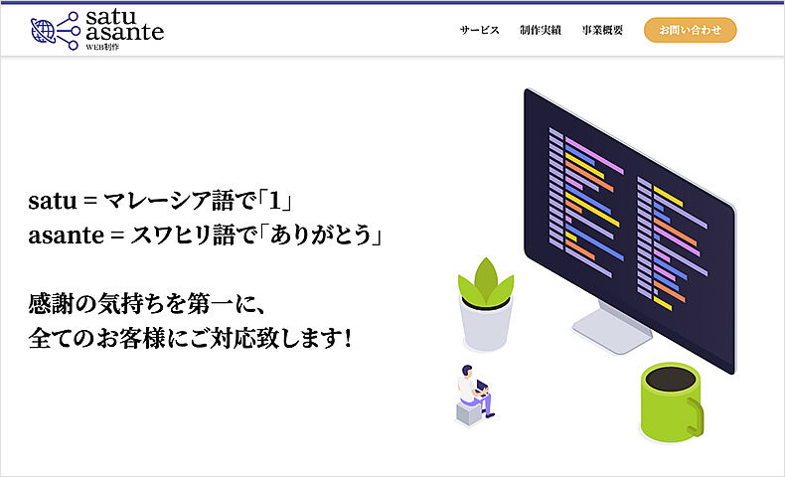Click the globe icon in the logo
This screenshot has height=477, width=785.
43,31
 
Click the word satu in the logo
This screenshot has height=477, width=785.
111,17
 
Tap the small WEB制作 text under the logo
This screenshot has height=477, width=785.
102,47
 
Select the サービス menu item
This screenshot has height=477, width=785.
480,30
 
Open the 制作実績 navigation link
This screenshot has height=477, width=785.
541,30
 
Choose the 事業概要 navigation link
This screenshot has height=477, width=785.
602,30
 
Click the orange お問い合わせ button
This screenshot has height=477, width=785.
690,30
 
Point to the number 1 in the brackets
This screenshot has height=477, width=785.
275,201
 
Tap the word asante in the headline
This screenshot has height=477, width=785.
67,236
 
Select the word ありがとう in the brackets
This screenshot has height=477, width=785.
321,235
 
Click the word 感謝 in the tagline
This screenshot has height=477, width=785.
51,303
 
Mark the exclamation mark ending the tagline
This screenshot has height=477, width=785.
348,338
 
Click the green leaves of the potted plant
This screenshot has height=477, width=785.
485,282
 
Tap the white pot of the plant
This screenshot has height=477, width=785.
486,324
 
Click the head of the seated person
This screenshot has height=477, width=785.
467,372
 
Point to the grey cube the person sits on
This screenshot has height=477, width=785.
469,414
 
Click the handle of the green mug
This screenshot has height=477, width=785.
696,416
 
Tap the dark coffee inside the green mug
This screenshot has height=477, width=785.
670,380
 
